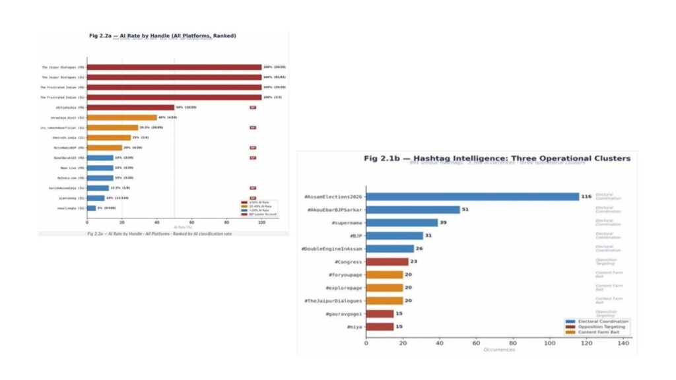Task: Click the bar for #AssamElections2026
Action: pos(472,197)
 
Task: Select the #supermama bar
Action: pos(393,222)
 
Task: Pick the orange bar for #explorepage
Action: pos(384,288)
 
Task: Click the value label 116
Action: pos(586,197)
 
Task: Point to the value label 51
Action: pos(466,210)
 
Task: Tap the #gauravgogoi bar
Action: pos(380,313)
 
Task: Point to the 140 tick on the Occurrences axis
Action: pos(622,343)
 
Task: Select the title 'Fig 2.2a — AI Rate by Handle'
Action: pos(162,35)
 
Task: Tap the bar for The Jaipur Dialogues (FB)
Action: pos(174,67)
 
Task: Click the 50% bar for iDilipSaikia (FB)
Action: pos(131,108)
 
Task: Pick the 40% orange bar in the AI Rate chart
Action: pos(121,117)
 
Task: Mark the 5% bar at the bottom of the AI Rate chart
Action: pos(91,208)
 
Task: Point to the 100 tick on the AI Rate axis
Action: pos(261,222)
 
